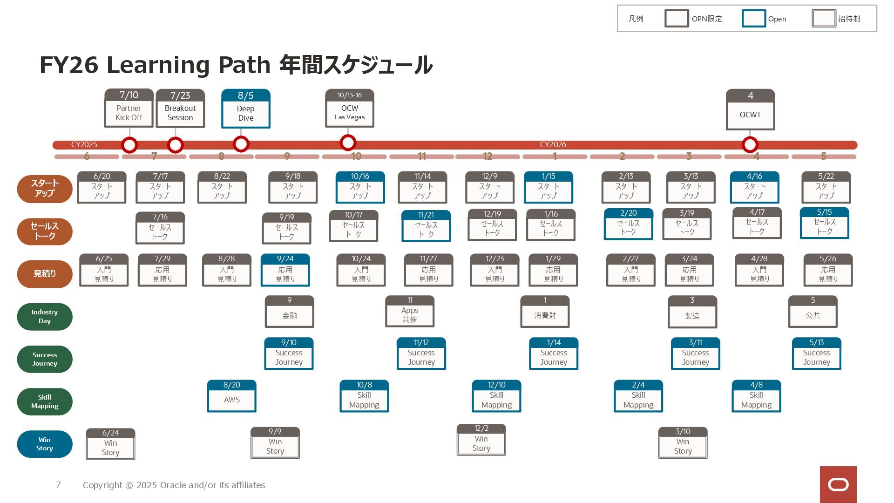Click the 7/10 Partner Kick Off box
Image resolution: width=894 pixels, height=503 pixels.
point(129,108)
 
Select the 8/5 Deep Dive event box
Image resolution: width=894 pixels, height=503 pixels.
point(245,109)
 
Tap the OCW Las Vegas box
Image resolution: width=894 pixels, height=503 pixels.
point(349,108)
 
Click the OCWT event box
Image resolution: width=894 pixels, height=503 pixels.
point(750,109)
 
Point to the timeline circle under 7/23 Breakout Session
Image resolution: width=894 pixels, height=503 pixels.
point(175,145)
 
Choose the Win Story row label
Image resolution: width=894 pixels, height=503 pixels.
point(45,444)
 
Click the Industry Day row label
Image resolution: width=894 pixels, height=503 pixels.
point(45,317)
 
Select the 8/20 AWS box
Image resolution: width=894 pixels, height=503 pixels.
point(231,396)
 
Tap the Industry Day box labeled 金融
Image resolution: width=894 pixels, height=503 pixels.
point(289,312)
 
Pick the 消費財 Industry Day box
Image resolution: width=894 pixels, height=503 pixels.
point(545,312)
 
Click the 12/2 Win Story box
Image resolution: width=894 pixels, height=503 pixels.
point(481,440)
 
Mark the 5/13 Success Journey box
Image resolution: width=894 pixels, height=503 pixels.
point(816,353)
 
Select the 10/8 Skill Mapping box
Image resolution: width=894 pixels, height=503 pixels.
point(364,396)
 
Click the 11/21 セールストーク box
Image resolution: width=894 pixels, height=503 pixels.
point(426,226)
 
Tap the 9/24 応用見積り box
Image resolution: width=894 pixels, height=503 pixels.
point(285,270)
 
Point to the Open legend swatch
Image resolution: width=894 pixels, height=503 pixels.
point(753,19)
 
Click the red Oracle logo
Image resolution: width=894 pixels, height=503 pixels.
point(838,484)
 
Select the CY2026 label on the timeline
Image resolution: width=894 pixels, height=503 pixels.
point(553,145)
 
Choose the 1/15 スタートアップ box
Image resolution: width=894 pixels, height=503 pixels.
point(548,187)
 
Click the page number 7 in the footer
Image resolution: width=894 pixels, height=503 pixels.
point(58,485)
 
